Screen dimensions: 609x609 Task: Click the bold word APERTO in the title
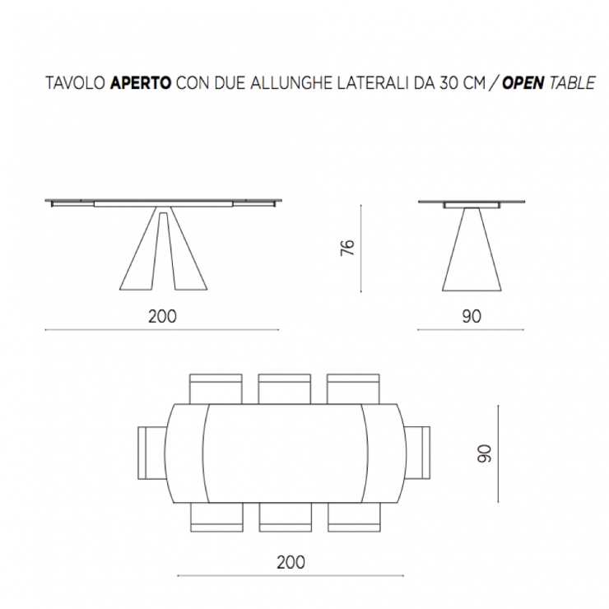(141, 83)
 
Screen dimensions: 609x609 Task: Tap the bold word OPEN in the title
(523, 83)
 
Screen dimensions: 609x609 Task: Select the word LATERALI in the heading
(373, 83)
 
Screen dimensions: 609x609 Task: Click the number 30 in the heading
(449, 83)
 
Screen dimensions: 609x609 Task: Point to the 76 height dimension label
(347, 248)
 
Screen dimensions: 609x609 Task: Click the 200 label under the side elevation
(162, 317)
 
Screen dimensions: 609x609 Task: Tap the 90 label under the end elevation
(472, 317)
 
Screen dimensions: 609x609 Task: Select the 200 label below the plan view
(291, 562)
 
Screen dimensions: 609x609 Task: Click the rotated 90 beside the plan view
(485, 453)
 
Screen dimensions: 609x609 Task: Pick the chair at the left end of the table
(152, 453)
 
